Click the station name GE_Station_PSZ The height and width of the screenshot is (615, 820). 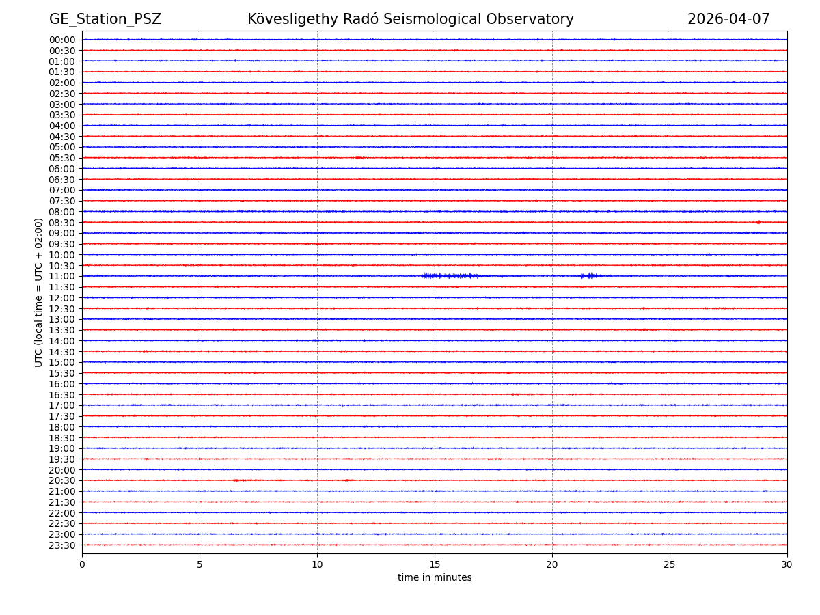click(105, 19)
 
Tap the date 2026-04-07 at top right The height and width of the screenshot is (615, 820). click(728, 19)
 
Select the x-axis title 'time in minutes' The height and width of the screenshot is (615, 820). click(435, 578)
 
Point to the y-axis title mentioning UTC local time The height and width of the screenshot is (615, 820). click(39, 292)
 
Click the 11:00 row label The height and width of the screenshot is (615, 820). click(62, 276)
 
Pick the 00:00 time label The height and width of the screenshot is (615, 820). click(62, 40)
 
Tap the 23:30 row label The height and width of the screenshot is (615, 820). click(62, 545)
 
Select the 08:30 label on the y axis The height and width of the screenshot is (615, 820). click(62, 223)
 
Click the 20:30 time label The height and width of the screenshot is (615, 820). click(62, 481)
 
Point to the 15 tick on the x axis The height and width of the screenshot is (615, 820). click(435, 565)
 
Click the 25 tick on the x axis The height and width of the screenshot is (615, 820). click(670, 565)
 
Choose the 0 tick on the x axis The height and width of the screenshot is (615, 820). click(82, 565)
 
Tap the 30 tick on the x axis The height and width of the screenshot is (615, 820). click(787, 565)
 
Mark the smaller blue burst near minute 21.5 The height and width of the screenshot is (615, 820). click(589, 275)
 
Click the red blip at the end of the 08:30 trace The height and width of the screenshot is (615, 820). click(758, 222)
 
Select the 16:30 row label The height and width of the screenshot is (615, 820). click(62, 395)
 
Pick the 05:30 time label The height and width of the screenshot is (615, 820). click(62, 158)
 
